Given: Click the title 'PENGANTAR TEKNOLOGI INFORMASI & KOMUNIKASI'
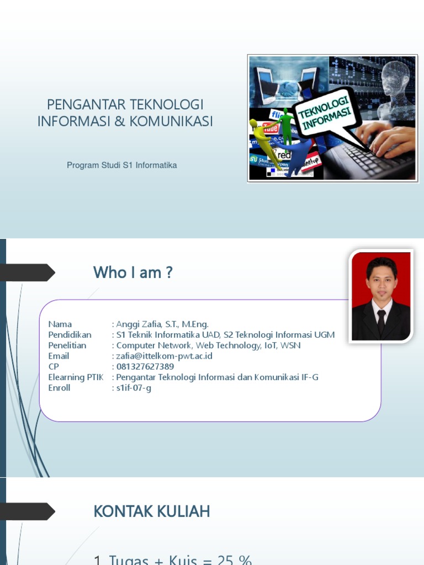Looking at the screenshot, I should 125,113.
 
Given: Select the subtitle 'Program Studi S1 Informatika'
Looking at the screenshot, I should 122,165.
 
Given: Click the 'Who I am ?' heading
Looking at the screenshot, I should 133,272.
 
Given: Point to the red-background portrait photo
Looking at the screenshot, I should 381,296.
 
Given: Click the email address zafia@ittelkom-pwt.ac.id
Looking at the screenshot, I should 164,356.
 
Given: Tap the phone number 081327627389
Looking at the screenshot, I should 145,366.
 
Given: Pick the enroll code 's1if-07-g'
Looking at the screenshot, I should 134,387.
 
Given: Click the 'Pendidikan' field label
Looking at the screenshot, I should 70,335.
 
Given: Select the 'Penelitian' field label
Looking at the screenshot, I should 67,345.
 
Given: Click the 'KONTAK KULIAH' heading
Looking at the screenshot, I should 152,511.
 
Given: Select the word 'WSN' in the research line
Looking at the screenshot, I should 290,345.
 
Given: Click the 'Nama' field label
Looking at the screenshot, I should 60,324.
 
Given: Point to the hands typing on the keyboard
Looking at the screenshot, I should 386,138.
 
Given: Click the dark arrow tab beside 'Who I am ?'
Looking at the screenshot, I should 28,273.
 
